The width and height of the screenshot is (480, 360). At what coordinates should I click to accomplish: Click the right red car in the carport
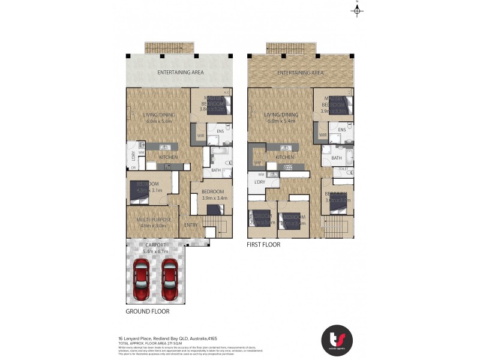coord(170,280)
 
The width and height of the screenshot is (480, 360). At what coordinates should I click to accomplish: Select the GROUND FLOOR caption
coord(148,311)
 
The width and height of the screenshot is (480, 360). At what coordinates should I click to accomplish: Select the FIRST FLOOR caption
coord(263,245)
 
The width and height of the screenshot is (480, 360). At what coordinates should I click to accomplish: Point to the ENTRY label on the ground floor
coord(191,225)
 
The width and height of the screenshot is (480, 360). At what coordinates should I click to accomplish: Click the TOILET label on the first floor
coord(343,169)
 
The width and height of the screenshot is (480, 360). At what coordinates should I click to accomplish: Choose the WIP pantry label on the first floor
coord(257,162)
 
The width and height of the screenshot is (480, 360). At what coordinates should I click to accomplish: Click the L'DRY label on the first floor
coord(260,181)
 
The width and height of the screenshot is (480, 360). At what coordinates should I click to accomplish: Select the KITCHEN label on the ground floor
coord(168,157)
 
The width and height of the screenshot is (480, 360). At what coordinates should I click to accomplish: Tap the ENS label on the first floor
coord(342,130)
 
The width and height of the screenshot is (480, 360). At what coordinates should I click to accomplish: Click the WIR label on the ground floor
coord(201,136)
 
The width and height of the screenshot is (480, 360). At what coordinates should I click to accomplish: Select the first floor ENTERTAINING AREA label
coord(300,73)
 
